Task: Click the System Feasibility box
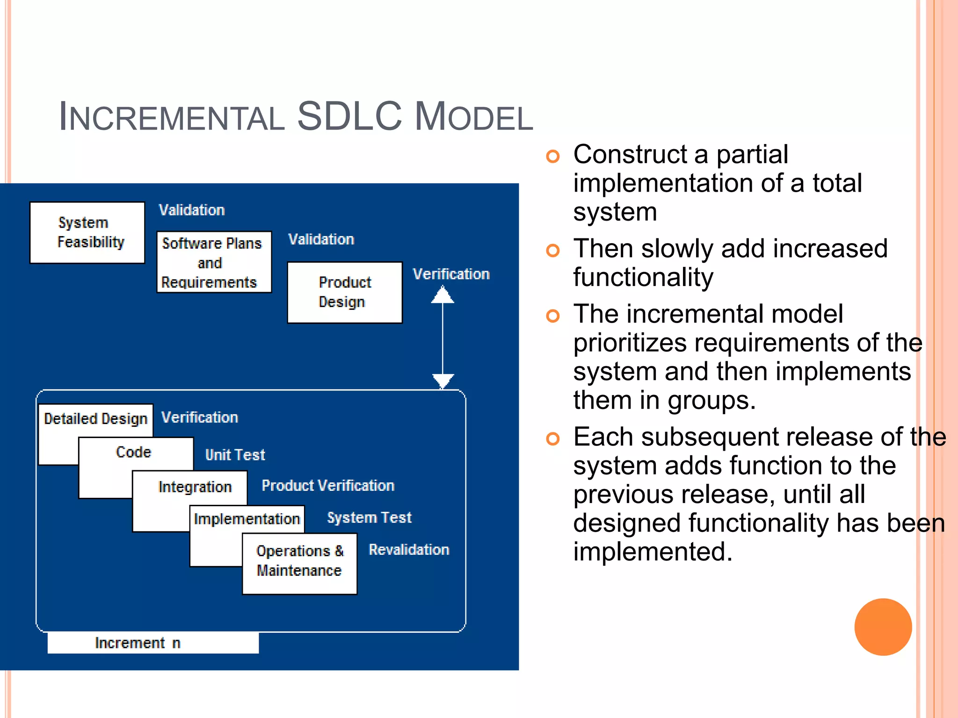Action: click(87, 232)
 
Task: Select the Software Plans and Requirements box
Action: click(214, 262)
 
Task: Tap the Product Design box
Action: click(345, 292)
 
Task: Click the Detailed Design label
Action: click(95, 418)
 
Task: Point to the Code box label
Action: click(134, 452)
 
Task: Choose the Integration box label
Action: click(195, 487)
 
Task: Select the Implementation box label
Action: click(247, 519)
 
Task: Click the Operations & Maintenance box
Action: click(299, 563)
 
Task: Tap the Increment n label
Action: click(138, 643)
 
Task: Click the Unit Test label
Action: click(235, 454)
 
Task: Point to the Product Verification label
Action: click(328, 485)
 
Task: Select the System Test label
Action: click(369, 517)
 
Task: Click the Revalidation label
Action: click(409, 549)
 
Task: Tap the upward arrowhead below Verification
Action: click(443, 295)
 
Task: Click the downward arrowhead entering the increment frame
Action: click(443, 380)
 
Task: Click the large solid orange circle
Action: click(883, 627)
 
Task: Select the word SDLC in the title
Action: click(349, 116)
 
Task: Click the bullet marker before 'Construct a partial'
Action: click(552, 156)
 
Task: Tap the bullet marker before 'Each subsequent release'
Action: click(552, 438)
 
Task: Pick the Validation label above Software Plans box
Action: click(192, 210)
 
